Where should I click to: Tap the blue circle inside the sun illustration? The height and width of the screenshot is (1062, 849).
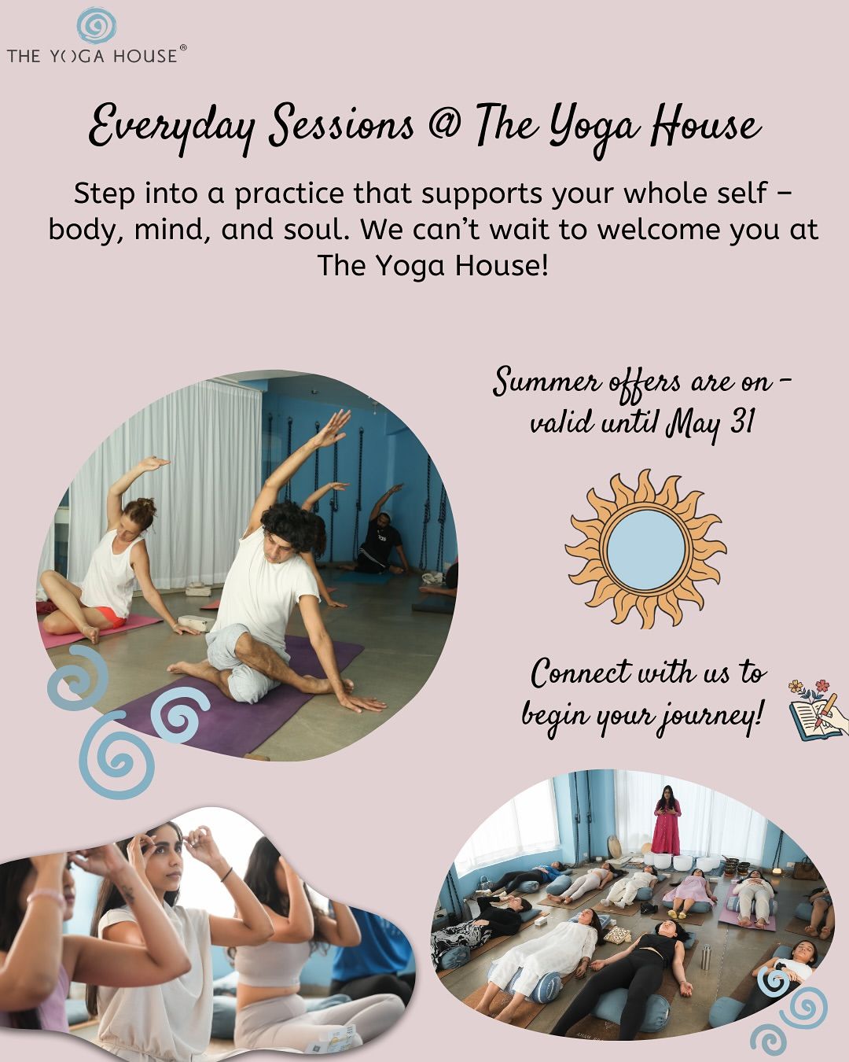(x=645, y=549)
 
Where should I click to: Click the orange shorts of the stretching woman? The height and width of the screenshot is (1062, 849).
(x=109, y=617)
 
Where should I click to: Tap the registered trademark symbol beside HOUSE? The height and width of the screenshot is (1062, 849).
(x=182, y=47)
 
